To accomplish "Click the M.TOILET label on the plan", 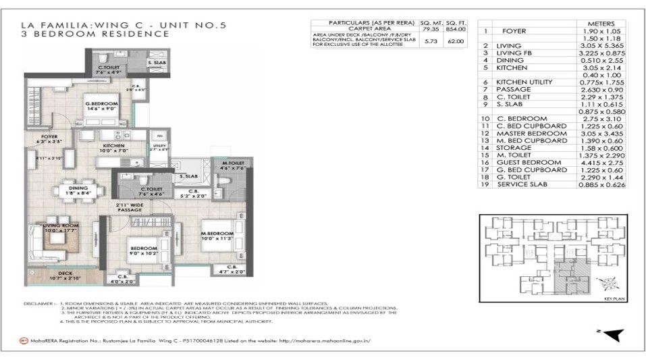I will coord(233,163).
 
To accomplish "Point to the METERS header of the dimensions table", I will coord(601,24).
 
